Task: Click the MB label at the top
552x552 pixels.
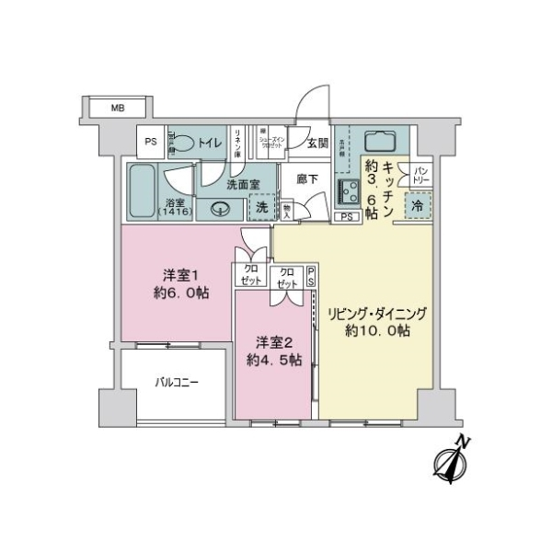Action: click(x=117, y=109)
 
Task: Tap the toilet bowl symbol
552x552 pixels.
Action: click(x=183, y=143)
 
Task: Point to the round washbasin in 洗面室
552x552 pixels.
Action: click(x=219, y=209)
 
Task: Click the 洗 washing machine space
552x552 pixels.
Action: click(x=262, y=207)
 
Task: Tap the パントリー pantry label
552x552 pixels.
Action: click(x=420, y=174)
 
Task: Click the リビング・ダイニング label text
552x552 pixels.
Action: click(x=377, y=313)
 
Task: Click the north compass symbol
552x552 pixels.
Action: click(x=453, y=462)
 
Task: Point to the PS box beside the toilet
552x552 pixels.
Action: click(x=150, y=143)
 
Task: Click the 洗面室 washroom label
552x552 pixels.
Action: click(x=243, y=184)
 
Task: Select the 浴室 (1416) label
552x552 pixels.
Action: click(x=174, y=207)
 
